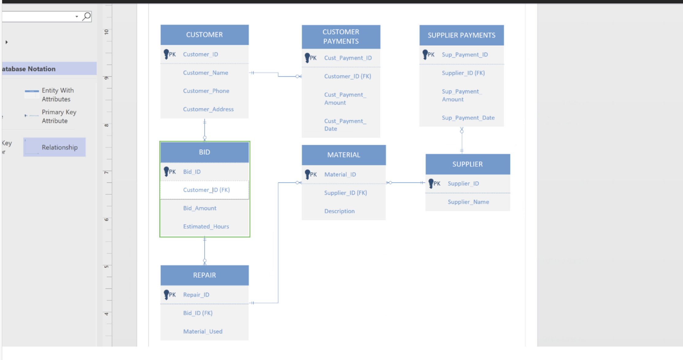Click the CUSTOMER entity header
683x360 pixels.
click(204, 35)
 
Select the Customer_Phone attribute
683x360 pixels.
click(206, 91)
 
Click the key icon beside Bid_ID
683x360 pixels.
click(166, 171)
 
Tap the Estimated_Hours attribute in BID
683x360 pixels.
click(206, 227)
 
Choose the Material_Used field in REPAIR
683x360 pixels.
click(203, 331)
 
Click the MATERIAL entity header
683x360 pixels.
click(343, 155)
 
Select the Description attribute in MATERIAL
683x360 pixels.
click(339, 211)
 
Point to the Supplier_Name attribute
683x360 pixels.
click(468, 202)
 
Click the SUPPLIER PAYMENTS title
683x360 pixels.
click(461, 35)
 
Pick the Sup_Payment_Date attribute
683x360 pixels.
click(468, 118)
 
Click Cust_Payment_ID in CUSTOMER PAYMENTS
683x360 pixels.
click(348, 58)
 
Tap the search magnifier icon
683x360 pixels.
click(86, 16)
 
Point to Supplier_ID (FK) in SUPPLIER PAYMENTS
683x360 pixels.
click(463, 73)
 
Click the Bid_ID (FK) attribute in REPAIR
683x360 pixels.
click(198, 313)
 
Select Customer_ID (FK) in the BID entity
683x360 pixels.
click(206, 190)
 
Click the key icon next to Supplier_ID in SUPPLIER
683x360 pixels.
click(431, 183)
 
